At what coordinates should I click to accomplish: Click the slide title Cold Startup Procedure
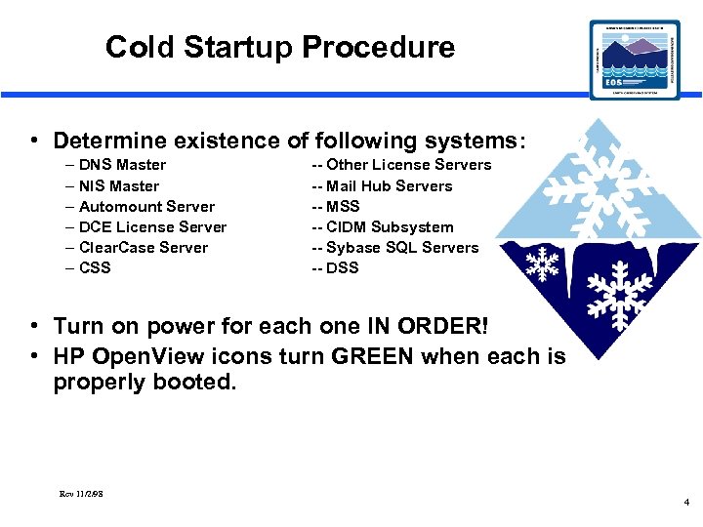click(x=279, y=47)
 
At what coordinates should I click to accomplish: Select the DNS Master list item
click(x=121, y=165)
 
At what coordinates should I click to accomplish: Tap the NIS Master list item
click(x=118, y=185)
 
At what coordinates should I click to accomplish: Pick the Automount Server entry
click(x=146, y=206)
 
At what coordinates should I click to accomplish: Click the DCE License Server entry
click(x=152, y=226)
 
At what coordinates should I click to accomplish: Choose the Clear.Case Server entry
click(x=143, y=247)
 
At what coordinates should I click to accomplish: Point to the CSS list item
click(x=95, y=267)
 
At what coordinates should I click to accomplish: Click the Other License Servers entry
click(x=408, y=165)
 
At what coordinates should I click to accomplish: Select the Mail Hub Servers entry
click(x=389, y=185)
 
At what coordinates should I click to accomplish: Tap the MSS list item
click(x=343, y=206)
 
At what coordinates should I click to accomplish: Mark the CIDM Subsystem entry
click(x=390, y=226)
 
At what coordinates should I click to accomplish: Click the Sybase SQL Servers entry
click(x=402, y=247)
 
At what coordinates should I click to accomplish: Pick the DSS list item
click(x=343, y=267)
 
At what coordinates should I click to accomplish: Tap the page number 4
click(x=686, y=503)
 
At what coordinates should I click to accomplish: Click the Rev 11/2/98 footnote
click(x=81, y=493)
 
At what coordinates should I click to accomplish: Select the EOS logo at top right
click(x=635, y=60)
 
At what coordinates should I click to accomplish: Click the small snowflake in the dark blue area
click(x=542, y=263)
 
